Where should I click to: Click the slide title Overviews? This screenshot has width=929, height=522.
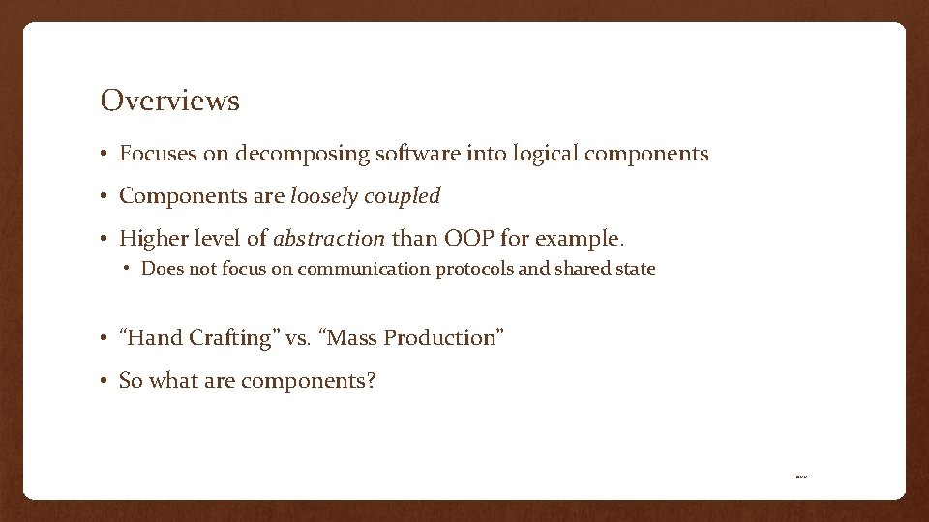tap(169, 100)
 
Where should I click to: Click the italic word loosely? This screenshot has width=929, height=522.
tap(325, 196)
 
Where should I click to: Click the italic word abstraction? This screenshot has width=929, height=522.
tap(330, 239)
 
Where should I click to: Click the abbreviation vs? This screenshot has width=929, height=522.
tap(306, 338)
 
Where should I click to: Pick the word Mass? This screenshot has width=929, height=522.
tap(355, 338)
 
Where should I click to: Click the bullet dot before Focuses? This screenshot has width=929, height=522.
tap(105, 155)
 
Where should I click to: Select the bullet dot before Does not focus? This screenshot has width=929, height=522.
tap(129, 270)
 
